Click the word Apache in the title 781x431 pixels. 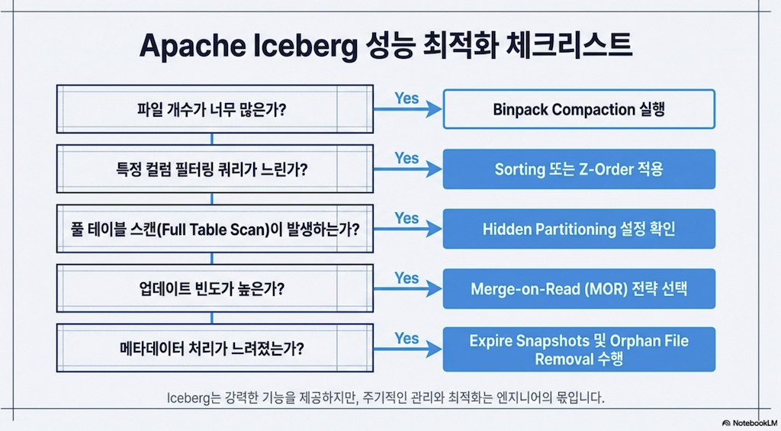193,46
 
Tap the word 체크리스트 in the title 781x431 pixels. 568,45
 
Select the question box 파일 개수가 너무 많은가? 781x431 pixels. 214,109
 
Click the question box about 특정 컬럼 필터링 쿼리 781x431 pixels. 214,169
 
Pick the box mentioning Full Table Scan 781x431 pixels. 214,229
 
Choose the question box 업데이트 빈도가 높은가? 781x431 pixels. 214,288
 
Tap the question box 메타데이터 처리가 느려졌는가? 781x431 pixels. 214,348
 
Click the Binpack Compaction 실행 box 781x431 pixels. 579,109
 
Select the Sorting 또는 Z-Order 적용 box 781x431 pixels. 579,169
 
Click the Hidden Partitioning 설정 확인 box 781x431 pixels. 579,229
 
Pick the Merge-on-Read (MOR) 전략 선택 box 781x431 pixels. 579,288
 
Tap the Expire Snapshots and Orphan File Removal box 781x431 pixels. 579,349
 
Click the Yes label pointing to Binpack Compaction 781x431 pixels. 407,98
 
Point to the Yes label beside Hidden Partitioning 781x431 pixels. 407,217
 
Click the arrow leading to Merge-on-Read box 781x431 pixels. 407,288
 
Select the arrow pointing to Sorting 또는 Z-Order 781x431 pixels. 407,169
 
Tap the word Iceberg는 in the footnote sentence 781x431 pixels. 188,398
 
